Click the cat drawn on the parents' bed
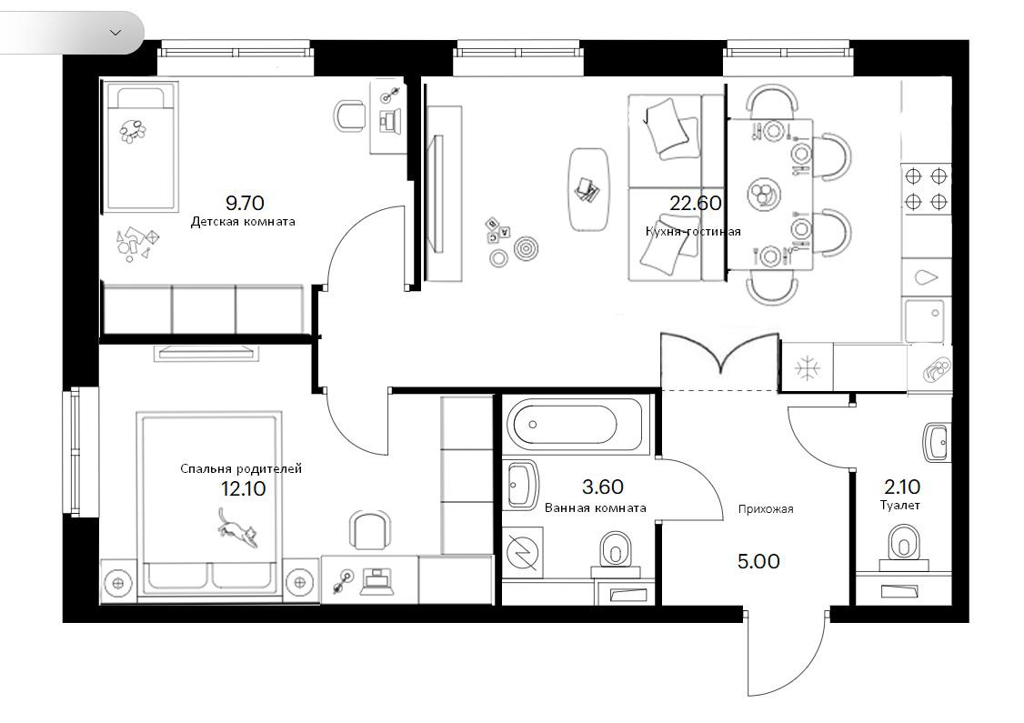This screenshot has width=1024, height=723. tap(237, 527)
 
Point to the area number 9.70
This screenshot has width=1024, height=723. tap(245, 203)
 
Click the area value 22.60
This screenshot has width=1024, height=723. tap(696, 203)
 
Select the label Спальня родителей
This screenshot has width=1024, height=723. tap(241, 469)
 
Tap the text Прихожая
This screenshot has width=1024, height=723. tap(766, 508)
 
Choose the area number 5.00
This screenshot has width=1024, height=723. tap(758, 562)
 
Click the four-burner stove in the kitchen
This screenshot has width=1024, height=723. tap(926, 189)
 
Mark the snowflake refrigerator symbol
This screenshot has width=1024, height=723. tap(808, 369)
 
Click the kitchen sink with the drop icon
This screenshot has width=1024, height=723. tap(926, 277)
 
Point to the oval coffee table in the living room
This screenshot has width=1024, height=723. tap(589, 190)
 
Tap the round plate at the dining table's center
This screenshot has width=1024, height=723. tap(762, 194)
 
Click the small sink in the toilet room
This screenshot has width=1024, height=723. tap(937, 442)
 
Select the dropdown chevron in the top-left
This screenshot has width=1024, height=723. tap(115, 32)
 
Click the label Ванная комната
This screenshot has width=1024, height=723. tap(595, 508)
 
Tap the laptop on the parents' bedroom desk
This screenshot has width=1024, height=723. tap(376, 580)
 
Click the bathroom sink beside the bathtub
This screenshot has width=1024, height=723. tap(522, 486)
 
